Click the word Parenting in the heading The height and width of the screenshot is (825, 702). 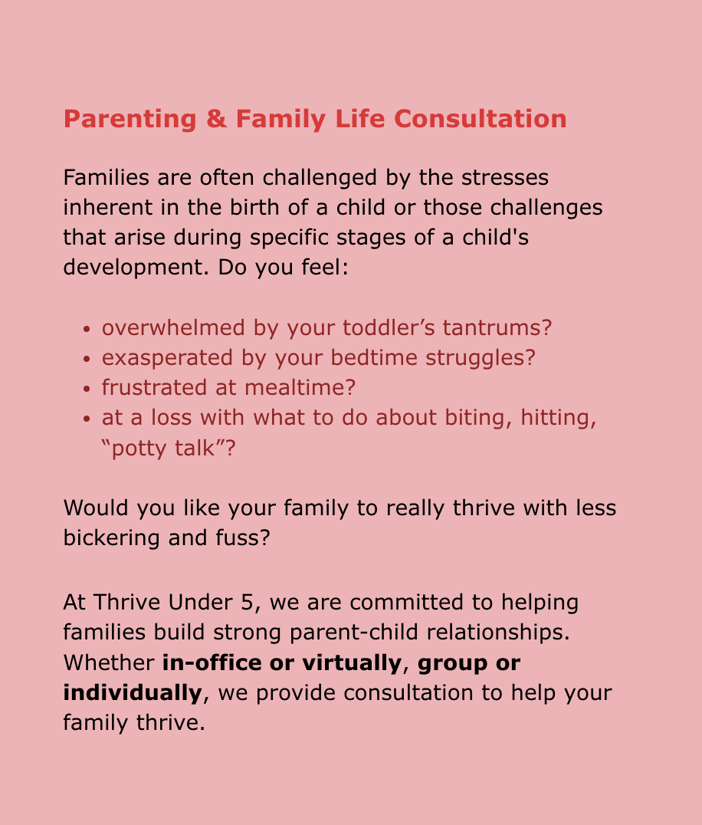[130, 120]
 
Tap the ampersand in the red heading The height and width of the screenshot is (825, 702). [216, 119]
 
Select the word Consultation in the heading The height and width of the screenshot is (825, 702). [480, 119]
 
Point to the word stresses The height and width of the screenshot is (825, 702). [505, 178]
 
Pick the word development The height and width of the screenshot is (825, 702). [133, 268]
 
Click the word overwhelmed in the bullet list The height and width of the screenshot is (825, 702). [173, 328]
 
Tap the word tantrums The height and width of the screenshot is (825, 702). [497, 328]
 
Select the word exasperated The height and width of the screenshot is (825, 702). [167, 358]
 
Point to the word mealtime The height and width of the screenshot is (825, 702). [300, 388]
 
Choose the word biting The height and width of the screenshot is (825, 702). [478, 419]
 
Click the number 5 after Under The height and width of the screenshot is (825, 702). [247, 603]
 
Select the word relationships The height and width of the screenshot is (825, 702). [498, 633]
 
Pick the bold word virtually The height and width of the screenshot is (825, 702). [352, 663]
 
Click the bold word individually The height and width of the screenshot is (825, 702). [133, 693]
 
